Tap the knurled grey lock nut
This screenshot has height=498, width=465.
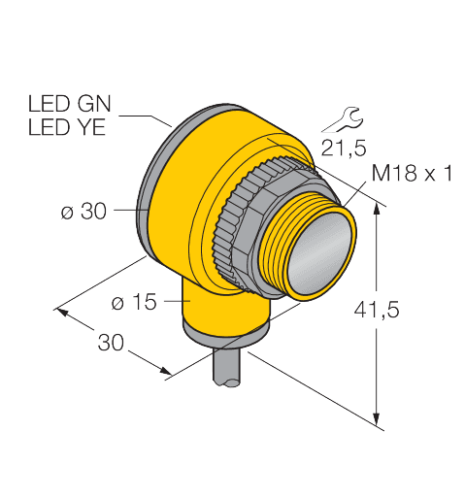click(x=238, y=228)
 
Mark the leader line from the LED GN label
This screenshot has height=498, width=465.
click(x=155, y=116)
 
